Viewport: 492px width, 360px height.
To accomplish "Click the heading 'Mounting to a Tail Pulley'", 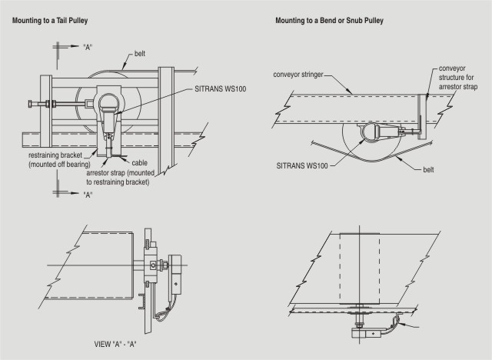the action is (x=50, y=21).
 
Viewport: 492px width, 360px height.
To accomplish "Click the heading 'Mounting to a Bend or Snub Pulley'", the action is (x=330, y=21).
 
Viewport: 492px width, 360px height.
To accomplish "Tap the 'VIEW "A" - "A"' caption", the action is (x=115, y=345).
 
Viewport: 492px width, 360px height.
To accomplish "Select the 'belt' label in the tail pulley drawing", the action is (x=140, y=54).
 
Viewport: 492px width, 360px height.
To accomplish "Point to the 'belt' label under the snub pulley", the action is (x=428, y=170).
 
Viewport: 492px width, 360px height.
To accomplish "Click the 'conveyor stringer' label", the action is (x=298, y=75).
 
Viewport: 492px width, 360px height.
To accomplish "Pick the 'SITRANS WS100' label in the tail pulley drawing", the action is (x=221, y=89).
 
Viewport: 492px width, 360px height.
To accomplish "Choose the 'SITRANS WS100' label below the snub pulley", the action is (x=302, y=165).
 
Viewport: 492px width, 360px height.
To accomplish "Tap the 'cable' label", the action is (x=140, y=163).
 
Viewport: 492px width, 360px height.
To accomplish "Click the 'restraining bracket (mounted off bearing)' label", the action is (x=59, y=160).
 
